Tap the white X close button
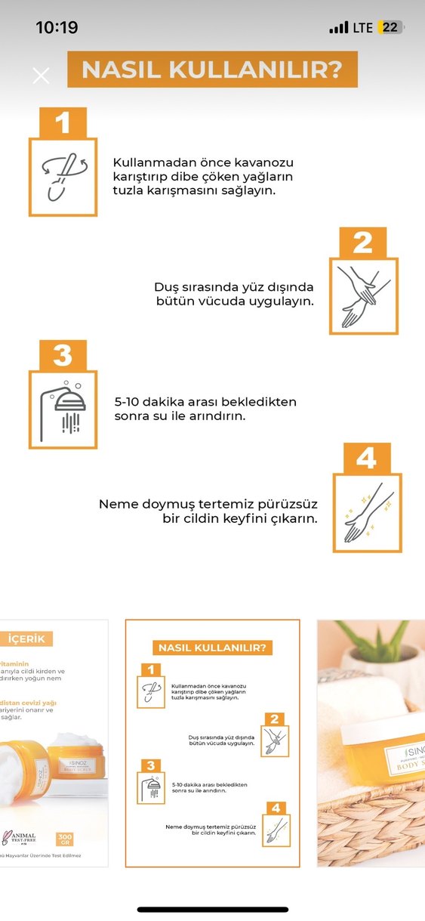pyautogui.click(x=41, y=75)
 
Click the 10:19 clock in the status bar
pyautogui.click(x=57, y=27)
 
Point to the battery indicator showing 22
pyautogui.click(x=390, y=27)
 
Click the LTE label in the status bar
pyautogui.click(x=362, y=27)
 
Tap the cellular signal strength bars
pyautogui.click(x=338, y=28)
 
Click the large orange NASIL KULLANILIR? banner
pyautogui.click(x=212, y=70)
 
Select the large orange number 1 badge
pyautogui.click(x=63, y=122)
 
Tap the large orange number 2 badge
pyautogui.click(x=363, y=243)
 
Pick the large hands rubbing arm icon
pyautogui.click(x=363, y=296)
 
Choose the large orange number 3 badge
pyautogui.click(x=63, y=355)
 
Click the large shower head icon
pyautogui.click(x=63, y=410)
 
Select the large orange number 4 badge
pyautogui.click(x=367, y=459)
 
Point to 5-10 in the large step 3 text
pyautogui.click(x=129, y=402)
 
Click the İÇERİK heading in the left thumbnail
pyautogui.click(x=26, y=639)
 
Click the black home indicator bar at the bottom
pyautogui.click(x=212, y=909)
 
